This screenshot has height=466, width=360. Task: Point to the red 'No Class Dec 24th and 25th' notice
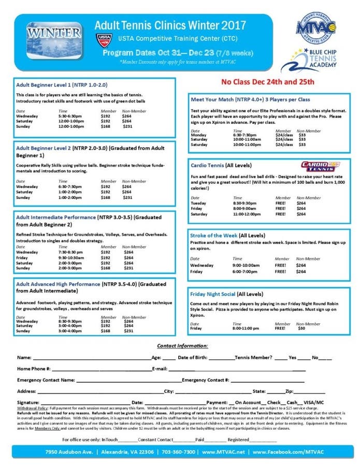pyautogui.click(x=267, y=82)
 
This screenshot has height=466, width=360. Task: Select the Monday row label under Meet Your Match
pyautogui.click(x=199, y=135)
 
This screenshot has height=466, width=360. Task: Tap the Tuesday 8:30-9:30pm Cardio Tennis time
pyautogui.click(x=244, y=202)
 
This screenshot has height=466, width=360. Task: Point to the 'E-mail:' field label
pyautogui.click(x=160, y=369)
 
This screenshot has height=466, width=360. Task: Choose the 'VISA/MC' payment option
pyautogui.click(x=313, y=402)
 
